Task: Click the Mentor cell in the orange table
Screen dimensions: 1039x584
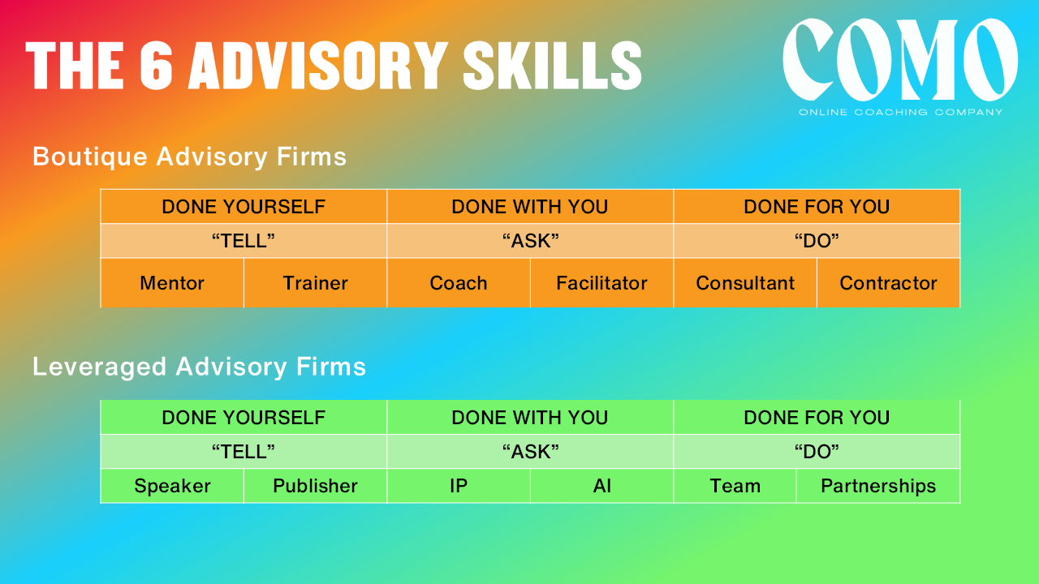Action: click(x=172, y=283)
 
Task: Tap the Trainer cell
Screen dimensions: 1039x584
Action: click(x=316, y=283)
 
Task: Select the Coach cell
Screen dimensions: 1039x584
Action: click(x=459, y=283)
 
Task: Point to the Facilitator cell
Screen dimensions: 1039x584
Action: click(x=601, y=283)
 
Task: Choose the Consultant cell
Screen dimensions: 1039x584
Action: click(x=745, y=283)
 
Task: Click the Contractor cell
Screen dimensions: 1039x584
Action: click(x=888, y=283)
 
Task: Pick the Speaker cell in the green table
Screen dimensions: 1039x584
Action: click(x=172, y=486)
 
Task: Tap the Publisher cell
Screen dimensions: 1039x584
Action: click(x=316, y=486)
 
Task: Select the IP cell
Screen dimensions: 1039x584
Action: click(x=459, y=486)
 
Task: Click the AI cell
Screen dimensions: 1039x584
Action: click(x=601, y=486)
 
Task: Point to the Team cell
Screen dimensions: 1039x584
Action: click(x=735, y=486)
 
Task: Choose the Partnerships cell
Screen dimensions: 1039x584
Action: click(x=878, y=486)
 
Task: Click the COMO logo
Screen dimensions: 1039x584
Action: click(x=900, y=59)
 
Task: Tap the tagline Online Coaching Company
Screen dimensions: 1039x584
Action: click(x=900, y=112)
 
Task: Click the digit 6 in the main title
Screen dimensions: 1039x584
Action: click(x=156, y=66)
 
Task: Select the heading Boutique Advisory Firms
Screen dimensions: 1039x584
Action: click(x=190, y=157)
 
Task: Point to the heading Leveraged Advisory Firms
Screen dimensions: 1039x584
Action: click(x=200, y=367)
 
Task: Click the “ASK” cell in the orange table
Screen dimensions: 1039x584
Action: click(x=530, y=241)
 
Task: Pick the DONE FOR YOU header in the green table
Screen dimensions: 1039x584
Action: click(x=817, y=418)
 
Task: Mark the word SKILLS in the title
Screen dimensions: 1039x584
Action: click(x=553, y=66)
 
